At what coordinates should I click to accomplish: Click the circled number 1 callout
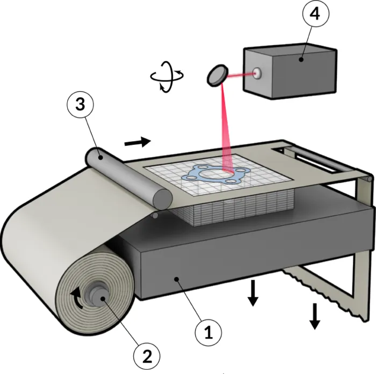pos(208,333)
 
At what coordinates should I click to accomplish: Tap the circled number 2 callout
pos(147,356)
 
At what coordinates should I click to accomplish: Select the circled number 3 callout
pos(81,105)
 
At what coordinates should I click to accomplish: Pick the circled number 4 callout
pos(316,13)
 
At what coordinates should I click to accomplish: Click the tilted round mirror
pos(217,75)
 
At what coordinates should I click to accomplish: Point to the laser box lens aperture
pos(257,73)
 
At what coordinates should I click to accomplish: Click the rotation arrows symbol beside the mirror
pos(167,77)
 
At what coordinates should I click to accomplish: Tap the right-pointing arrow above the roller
pos(138,142)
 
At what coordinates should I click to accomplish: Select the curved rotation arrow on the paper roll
pos(77,298)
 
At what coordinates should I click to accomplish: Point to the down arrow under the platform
pos(253,294)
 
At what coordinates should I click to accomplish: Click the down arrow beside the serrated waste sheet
pos(315,316)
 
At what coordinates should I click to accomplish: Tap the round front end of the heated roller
pos(163,199)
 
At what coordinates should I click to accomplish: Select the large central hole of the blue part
pos(213,173)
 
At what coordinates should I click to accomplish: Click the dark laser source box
pos(290,71)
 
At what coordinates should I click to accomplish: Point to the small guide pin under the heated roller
pos(155,215)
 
